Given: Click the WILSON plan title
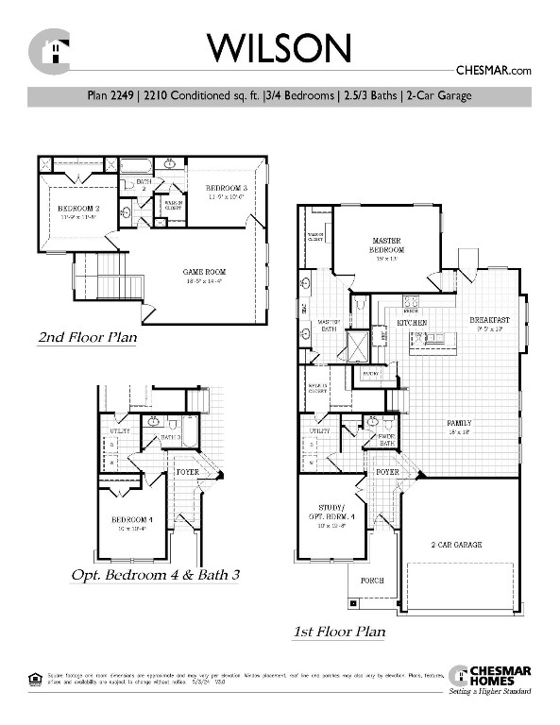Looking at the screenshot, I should click(280, 47).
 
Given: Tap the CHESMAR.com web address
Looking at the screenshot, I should click(494, 69).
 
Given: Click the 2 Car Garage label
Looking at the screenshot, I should click(457, 545).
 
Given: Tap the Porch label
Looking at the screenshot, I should click(371, 580).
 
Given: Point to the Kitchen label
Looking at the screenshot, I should click(412, 323).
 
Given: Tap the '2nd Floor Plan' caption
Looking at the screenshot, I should click(87, 337).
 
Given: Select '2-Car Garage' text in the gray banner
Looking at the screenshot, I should click(437, 96).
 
